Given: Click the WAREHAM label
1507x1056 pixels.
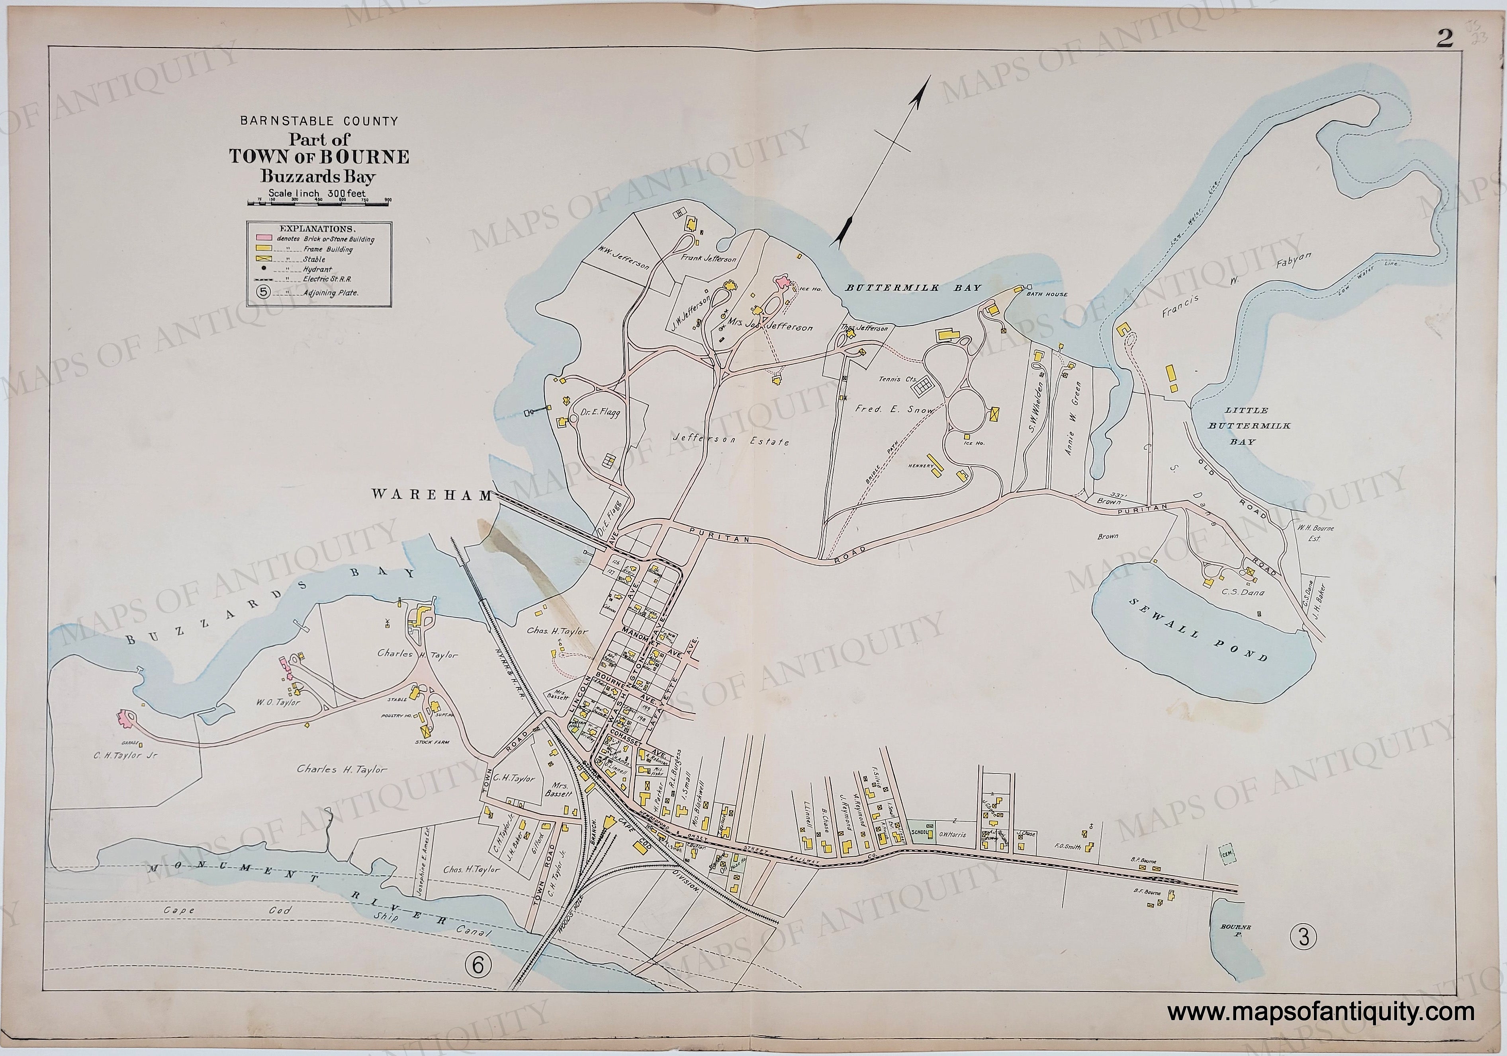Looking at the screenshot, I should click(x=432, y=496).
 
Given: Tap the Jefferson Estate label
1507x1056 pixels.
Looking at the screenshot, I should click(x=730, y=441).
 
